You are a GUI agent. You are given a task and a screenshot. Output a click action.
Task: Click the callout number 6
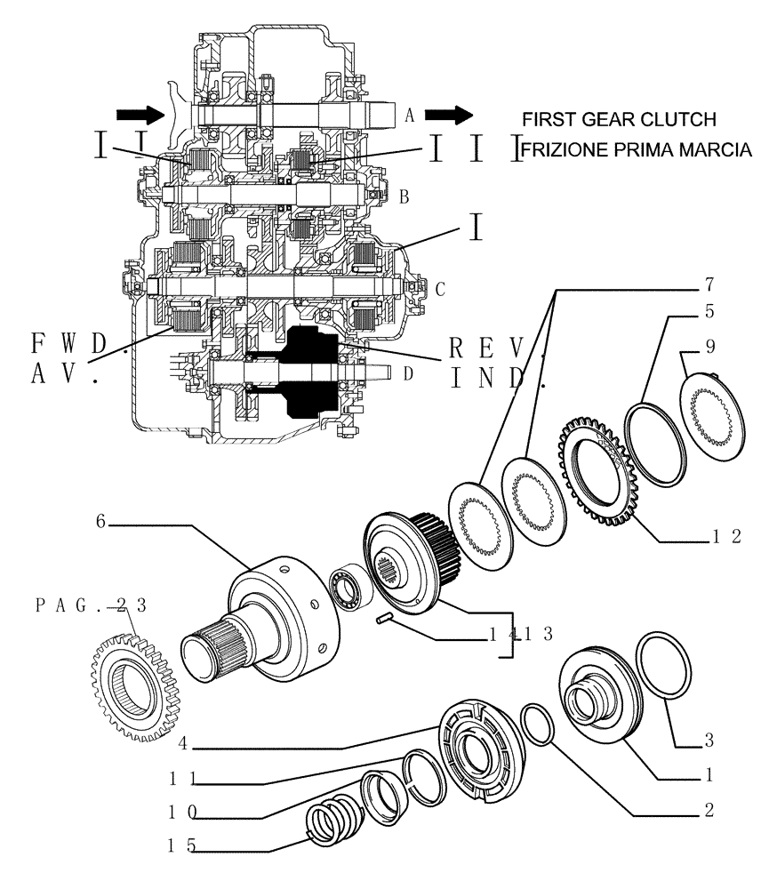[x=101, y=524]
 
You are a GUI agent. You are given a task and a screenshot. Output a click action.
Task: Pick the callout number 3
[x=709, y=740]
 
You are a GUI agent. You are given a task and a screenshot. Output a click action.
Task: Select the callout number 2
[x=709, y=810]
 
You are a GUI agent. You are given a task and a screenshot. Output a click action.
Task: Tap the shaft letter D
[x=408, y=373]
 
